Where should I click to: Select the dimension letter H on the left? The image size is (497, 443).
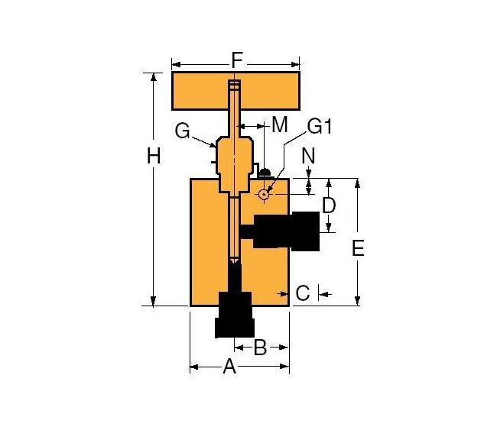coord(154,157)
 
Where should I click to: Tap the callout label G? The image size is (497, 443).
coord(182,131)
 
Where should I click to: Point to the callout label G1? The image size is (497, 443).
coord(319,126)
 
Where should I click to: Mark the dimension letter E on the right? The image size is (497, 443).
coord(357,247)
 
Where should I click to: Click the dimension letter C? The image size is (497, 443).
coord(303,293)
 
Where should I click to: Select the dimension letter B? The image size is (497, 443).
coord(259,348)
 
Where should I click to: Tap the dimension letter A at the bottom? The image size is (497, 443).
coord(228,368)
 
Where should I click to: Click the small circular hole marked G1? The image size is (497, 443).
coord(264,194)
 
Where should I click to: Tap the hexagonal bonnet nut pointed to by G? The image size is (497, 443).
coord(233,157)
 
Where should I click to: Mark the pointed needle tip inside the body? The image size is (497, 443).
coord(234,262)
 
